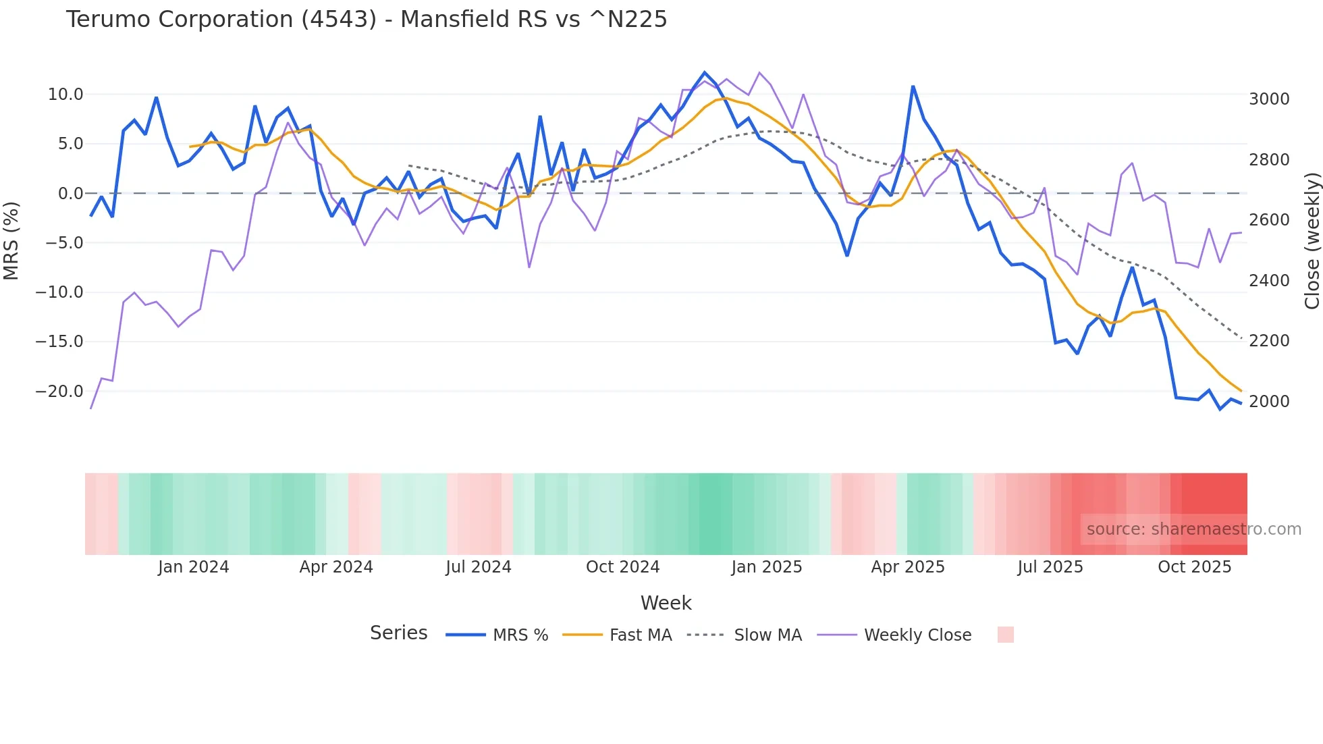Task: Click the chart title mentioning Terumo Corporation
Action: [366, 20]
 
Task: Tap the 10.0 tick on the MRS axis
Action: [65, 95]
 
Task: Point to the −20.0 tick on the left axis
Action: [59, 392]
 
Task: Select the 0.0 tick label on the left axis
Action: [70, 194]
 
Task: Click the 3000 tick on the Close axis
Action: [1269, 99]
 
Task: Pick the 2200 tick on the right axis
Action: [1269, 341]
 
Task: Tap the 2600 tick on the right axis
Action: [1269, 220]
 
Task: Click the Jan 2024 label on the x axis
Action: [193, 567]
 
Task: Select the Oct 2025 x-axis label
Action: [1194, 567]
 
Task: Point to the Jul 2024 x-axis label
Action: [478, 567]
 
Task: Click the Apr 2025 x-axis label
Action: [908, 567]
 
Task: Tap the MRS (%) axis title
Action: [11, 241]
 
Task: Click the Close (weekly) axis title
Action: [1312, 241]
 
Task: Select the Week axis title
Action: [666, 603]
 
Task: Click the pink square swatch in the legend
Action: [1005, 635]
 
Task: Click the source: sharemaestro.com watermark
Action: [1193, 529]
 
